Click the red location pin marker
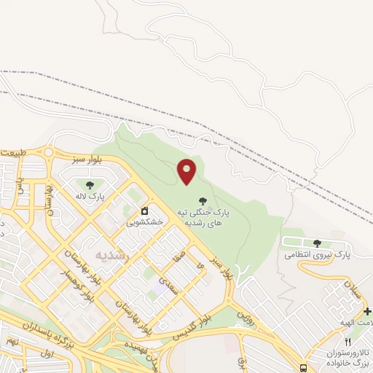pyautogui.click(x=187, y=171)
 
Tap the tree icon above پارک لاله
pyautogui.click(x=90, y=186)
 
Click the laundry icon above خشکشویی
pyautogui.click(x=144, y=212)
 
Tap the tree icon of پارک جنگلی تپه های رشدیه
pyautogui.click(x=202, y=200)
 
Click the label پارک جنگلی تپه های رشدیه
pyautogui.click(x=202, y=217)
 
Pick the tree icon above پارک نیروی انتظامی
pyautogui.click(x=317, y=243)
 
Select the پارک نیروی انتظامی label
pyautogui.click(x=317, y=255)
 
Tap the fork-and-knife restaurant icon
pyautogui.click(x=348, y=342)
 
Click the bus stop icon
pyautogui.click(x=304, y=368)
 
